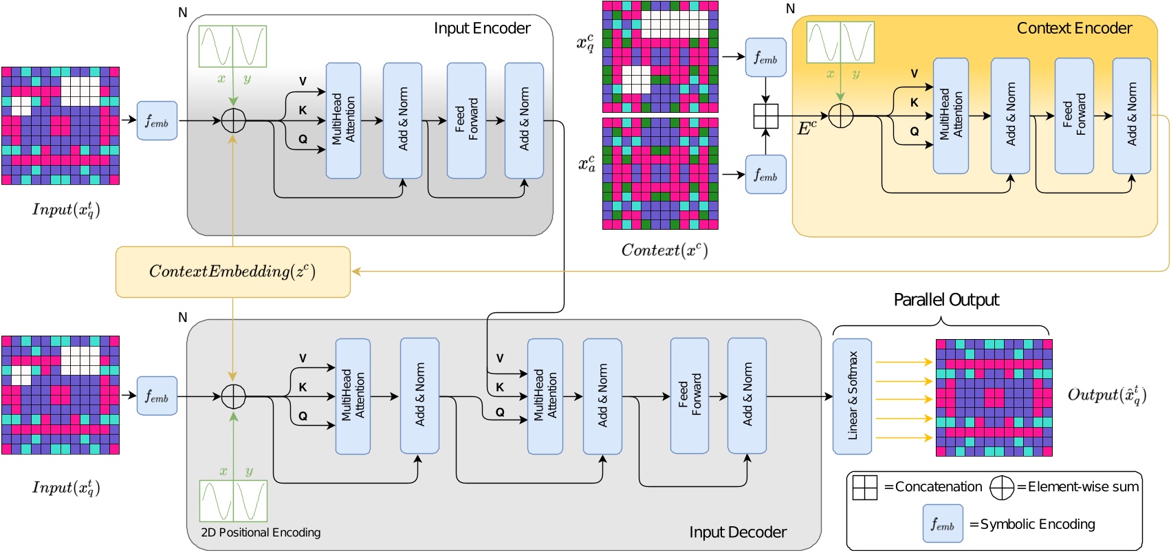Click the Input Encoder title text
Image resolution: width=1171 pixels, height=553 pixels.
click(x=482, y=28)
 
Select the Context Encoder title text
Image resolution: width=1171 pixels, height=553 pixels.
click(x=1073, y=28)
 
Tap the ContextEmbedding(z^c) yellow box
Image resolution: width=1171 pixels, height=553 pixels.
click(x=232, y=272)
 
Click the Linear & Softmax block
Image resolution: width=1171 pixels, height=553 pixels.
click(x=852, y=396)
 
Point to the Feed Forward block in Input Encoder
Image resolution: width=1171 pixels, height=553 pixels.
click(x=466, y=120)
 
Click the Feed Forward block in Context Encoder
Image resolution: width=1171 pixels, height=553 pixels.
click(x=1073, y=116)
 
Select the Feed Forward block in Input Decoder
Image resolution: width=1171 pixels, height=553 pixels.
click(x=689, y=395)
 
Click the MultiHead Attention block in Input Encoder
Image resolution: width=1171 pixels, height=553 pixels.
click(x=343, y=120)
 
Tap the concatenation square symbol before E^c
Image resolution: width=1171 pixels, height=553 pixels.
click(x=765, y=116)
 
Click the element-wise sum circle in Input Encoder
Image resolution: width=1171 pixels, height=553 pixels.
click(x=233, y=120)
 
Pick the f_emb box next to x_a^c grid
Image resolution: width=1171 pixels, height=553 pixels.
click(x=765, y=175)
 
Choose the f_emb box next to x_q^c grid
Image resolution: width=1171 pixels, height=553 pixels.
click(x=765, y=58)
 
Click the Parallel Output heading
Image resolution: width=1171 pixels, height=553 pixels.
click(x=945, y=300)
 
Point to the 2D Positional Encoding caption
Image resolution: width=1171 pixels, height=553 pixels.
click(x=261, y=532)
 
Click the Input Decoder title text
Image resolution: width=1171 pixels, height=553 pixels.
click(x=737, y=532)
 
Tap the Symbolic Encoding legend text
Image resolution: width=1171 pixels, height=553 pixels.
click(x=1037, y=524)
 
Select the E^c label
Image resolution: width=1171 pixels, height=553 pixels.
click(x=807, y=129)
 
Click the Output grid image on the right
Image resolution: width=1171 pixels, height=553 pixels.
click(x=994, y=397)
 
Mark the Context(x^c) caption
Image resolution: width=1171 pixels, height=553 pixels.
click(x=664, y=250)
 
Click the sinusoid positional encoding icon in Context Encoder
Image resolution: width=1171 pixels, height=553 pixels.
click(x=840, y=43)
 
